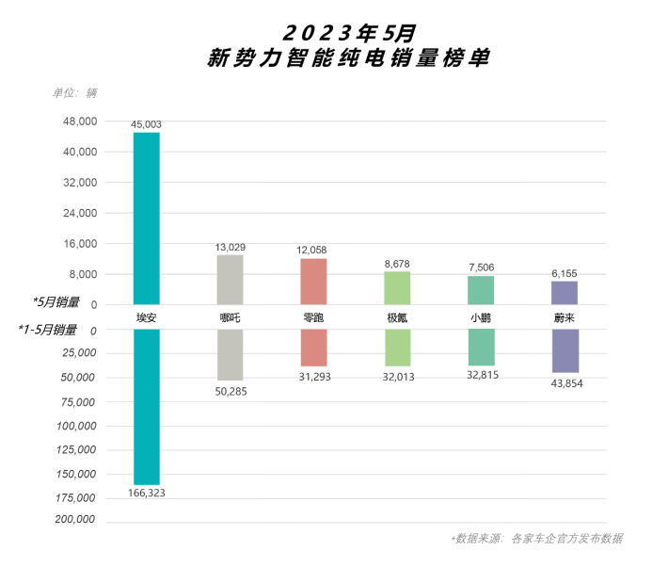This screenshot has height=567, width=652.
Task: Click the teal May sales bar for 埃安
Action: (146, 218)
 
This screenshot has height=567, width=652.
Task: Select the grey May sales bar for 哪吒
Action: (230, 279)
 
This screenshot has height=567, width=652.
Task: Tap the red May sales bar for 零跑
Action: (313, 281)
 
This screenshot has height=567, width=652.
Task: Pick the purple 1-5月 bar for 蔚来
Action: (565, 350)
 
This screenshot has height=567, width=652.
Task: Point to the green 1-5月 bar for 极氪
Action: (397, 348)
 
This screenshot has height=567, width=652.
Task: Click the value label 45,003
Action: (146, 124)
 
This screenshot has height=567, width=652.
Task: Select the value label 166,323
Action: (146, 494)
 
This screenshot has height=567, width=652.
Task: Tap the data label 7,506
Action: (481, 267)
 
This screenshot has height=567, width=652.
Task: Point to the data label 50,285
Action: (230, 389)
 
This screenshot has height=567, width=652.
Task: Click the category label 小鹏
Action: (481, 318)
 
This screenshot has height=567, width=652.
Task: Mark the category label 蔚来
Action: (565, 318)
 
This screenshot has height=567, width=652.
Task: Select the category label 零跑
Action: (313, 318)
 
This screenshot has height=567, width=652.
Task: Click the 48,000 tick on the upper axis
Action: (80, 121)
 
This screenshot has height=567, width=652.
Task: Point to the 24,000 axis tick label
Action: (80, 213)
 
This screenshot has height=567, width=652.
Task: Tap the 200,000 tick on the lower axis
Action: (76, 520)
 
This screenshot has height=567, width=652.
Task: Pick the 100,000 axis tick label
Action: (76, 426)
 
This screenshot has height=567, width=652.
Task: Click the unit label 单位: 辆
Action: (74, 92)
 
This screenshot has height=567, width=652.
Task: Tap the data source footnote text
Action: (536, 539)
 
